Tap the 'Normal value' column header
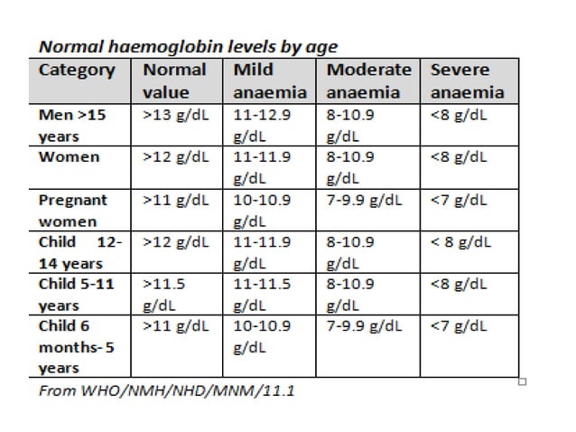click(174, 80)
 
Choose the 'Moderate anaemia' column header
click(368, 80)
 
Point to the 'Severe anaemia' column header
click(467, 80)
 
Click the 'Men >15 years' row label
click(72, 127)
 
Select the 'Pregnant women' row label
click(72, 210)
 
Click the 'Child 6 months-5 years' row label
click(72, 346)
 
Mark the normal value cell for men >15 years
click(175, 117)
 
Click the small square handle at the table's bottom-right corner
click(524, 381)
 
